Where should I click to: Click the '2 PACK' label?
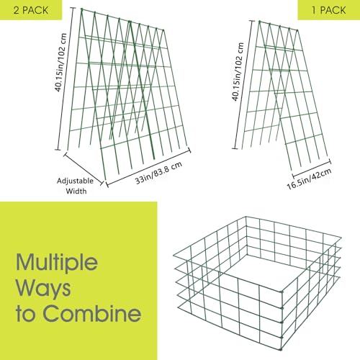[31, 10]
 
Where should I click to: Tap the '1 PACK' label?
[329, 10]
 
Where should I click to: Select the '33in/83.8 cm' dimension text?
[158, 173]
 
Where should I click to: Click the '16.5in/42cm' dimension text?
[310, 179]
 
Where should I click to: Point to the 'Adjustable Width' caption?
[76, 186]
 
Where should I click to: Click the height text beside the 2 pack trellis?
[60, 63]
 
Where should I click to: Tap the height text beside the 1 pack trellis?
[238, 71]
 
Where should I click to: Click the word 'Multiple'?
[57, 262]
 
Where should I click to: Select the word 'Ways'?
[43, 289]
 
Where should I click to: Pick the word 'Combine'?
[92, 313]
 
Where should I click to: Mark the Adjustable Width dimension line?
[84, 168]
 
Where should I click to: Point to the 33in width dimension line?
[148, 167]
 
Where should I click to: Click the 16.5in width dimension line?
[311, 167]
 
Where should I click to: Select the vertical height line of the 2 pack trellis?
[66, 78]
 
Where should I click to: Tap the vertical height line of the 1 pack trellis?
[243, 84]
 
